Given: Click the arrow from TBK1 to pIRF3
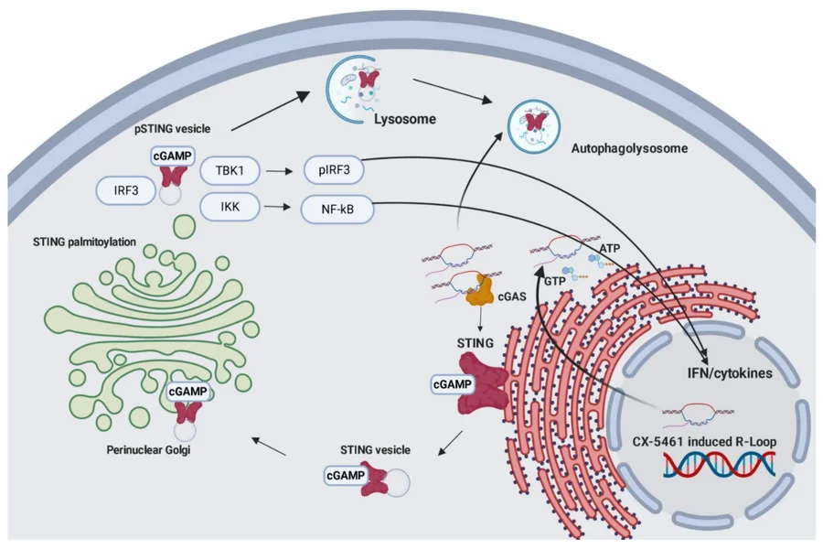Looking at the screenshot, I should (278, 171).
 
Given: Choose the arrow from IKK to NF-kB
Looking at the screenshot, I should (278, 210).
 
